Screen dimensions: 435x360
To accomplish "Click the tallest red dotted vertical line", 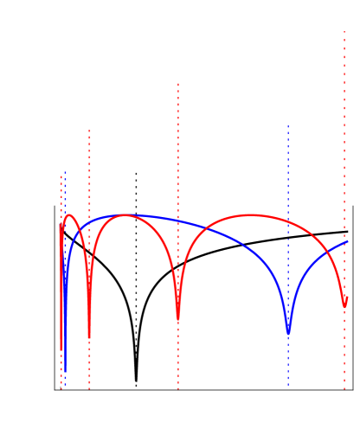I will pyautogui.click(x=344, y=173).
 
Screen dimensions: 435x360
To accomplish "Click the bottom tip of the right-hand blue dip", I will pyautogui.click(x=288, y=333).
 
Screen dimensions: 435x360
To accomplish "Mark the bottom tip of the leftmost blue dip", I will pyautogui.click(x=65, y=370).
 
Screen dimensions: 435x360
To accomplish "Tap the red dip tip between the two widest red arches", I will pyautogui.click(x=178, y=321).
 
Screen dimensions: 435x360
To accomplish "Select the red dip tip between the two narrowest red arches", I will pyautogui.click(x=89, y=337).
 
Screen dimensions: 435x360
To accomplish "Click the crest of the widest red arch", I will pyautogui.click(x=252, y=214).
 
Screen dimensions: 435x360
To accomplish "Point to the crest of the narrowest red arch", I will pyautogui.click(x=69, y=215).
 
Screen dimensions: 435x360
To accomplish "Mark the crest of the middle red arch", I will pyautogui.click(x=125, y=214).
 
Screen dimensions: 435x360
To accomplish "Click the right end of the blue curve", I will pyautogui.click(x=348, y=241).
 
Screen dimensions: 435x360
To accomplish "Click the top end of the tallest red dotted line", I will pyautogui.click(x=344, y=32).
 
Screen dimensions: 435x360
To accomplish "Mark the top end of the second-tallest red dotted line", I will pyautogui.click(x=178, y=84).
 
